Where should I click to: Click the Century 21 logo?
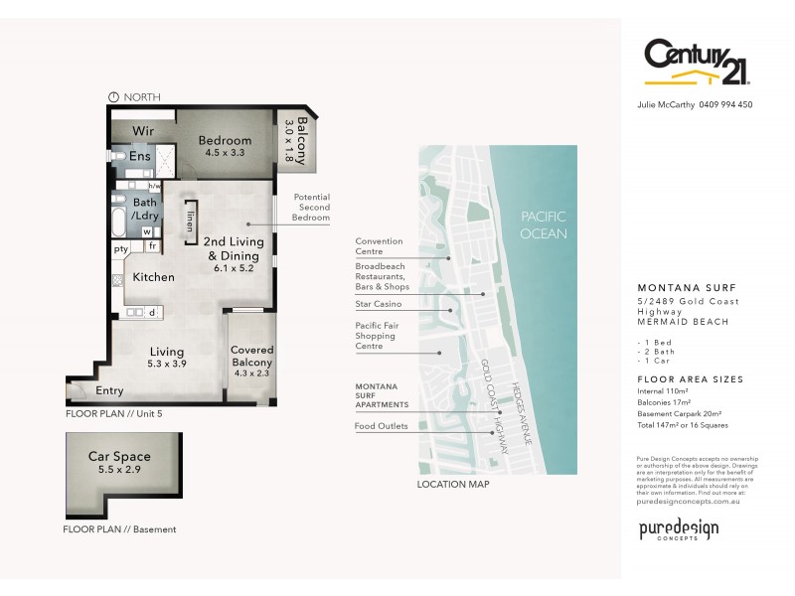tap(696, 63)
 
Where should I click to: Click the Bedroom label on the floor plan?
tap(225, 140)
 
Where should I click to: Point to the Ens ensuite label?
tap(139, 157)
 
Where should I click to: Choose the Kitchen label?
tap(154, 277)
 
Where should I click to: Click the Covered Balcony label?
tap(252, 357)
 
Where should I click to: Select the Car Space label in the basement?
tap(119, 457)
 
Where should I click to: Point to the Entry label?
tap(109, 390)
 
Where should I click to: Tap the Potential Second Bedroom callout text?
tap(311, 208)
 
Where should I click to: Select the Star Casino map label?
tap(380, 303)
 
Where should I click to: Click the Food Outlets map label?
tap(381, 426)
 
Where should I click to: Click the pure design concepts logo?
tap(678, 529)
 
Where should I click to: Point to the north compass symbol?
tap(113, 96)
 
